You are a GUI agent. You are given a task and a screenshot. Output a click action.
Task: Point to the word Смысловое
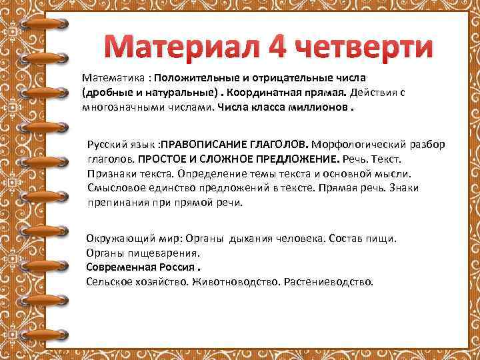tap(114, 189)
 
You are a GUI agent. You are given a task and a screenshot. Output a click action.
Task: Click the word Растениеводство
tap(328, 281)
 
